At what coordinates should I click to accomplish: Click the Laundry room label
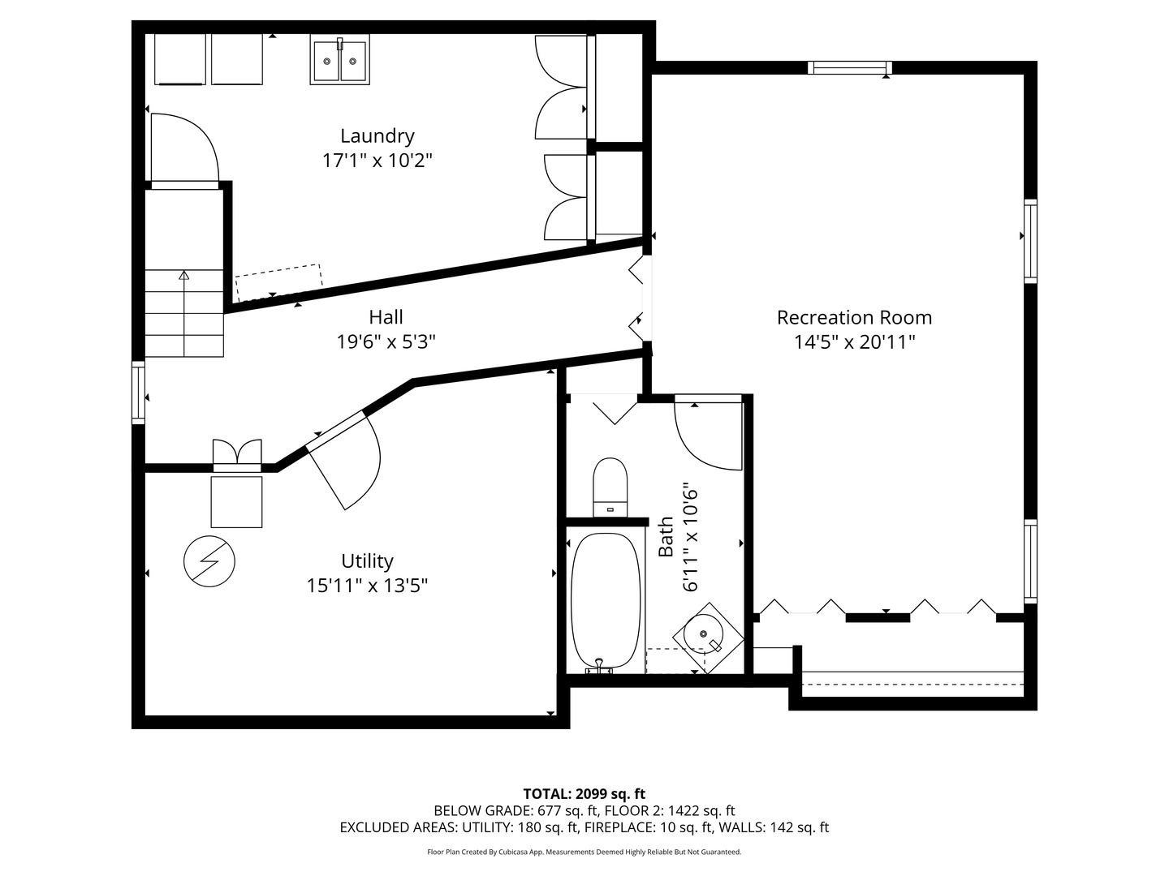(x=377, y=136)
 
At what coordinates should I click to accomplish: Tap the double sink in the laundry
(x=340, y=59)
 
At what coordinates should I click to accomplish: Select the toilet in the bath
(x=610, y=487)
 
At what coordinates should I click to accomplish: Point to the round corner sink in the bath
(x=708, y=638)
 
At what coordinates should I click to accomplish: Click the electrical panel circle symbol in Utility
(x=209, y=561)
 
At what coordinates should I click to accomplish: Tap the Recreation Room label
(x=854, y=317)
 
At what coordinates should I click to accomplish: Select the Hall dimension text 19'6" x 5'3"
(x=386, y=341)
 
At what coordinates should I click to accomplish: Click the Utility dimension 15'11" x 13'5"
(x=367, y=586)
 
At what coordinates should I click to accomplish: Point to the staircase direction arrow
(x=184, y=313)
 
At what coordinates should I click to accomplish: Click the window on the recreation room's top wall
(x=850, y=67)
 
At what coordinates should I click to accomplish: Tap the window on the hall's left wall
(x=139, y=393)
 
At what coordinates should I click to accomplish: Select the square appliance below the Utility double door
(x=236, y=502)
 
